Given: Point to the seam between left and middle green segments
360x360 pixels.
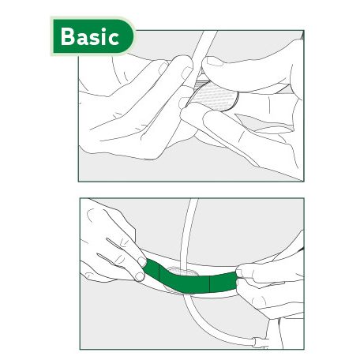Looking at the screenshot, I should click(161, 273).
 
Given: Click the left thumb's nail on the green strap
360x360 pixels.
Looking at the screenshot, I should click(140, 263).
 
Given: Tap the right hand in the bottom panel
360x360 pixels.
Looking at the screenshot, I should click(272, 284).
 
